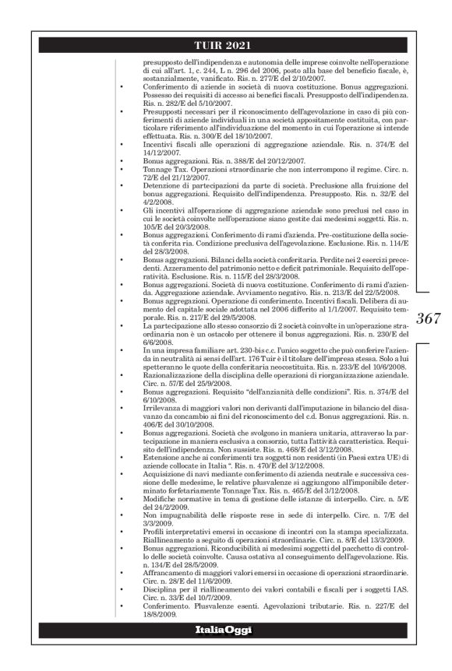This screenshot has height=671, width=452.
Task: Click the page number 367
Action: click(x=429, y=318)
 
